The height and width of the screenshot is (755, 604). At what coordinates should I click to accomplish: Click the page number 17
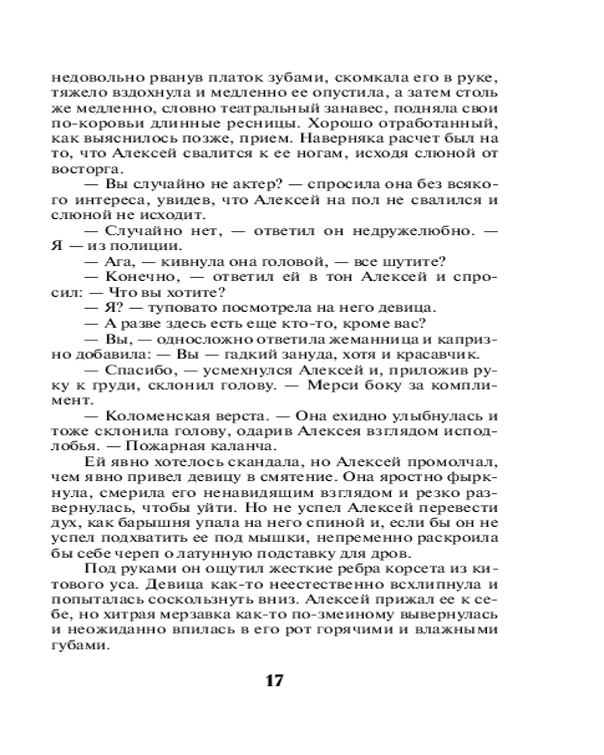pyautogui.click(x=273, y=680)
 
